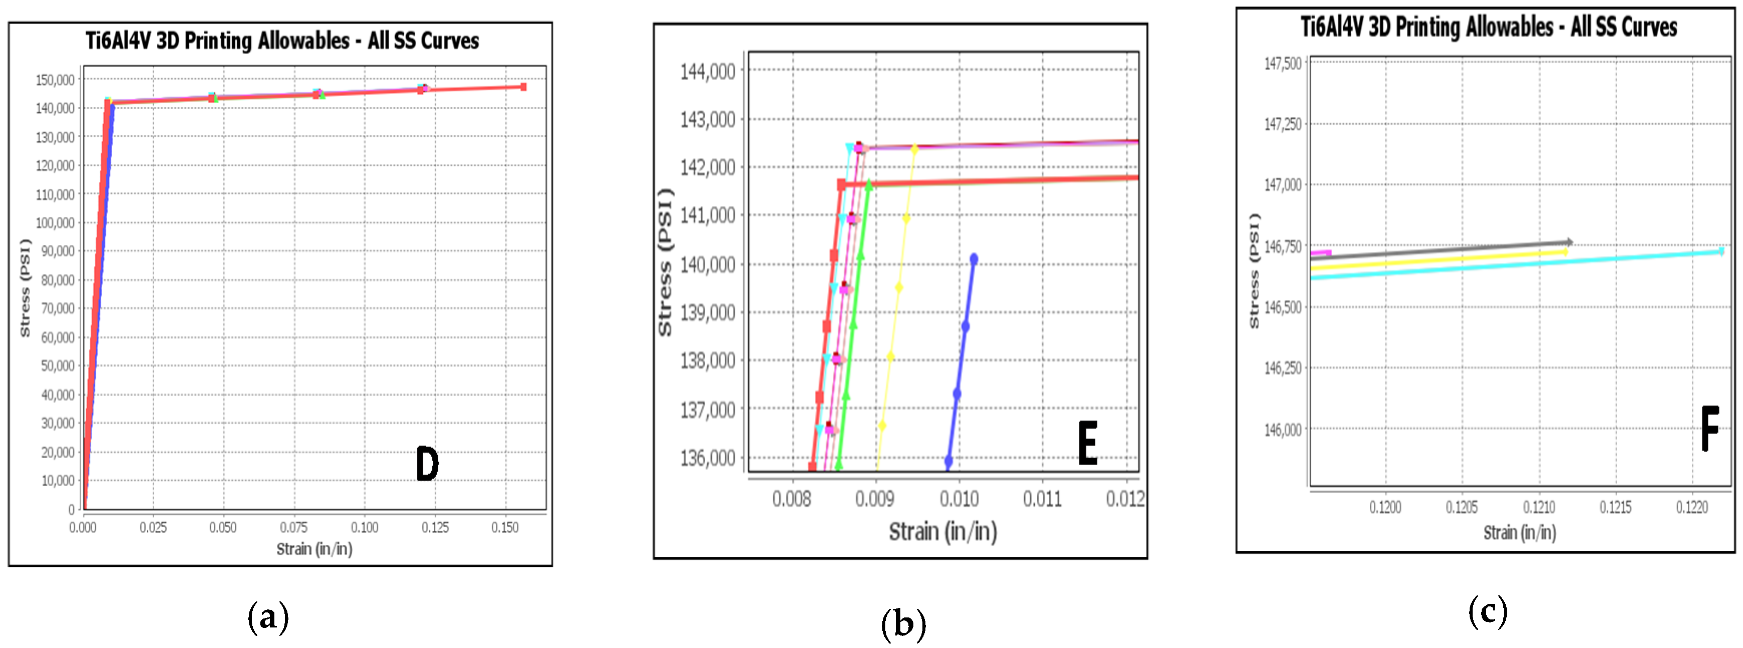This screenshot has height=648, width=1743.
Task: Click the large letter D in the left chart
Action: (427, 464)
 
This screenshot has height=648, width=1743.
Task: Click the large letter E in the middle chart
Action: (1087, 443)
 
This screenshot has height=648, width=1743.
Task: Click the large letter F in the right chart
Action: (1710, 429)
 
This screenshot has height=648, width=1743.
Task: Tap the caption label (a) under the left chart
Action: (268, 617)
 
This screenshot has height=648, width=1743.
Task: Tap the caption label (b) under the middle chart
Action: (903, 623)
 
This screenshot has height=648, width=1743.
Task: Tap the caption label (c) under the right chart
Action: (1487, 611)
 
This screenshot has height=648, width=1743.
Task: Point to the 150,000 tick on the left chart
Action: (55, 80)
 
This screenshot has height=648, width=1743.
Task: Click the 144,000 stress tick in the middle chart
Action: (708, 71)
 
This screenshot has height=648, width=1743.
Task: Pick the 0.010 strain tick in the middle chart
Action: (959, 499)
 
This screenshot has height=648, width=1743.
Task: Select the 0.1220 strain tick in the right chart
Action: (1691, 507)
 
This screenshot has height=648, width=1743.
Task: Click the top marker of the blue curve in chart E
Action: (974, 259)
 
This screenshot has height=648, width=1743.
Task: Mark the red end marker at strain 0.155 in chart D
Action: (523, 87)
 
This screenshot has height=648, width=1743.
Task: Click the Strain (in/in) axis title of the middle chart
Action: (942, 532)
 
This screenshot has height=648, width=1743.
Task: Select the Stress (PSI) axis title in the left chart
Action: (25, 288)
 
